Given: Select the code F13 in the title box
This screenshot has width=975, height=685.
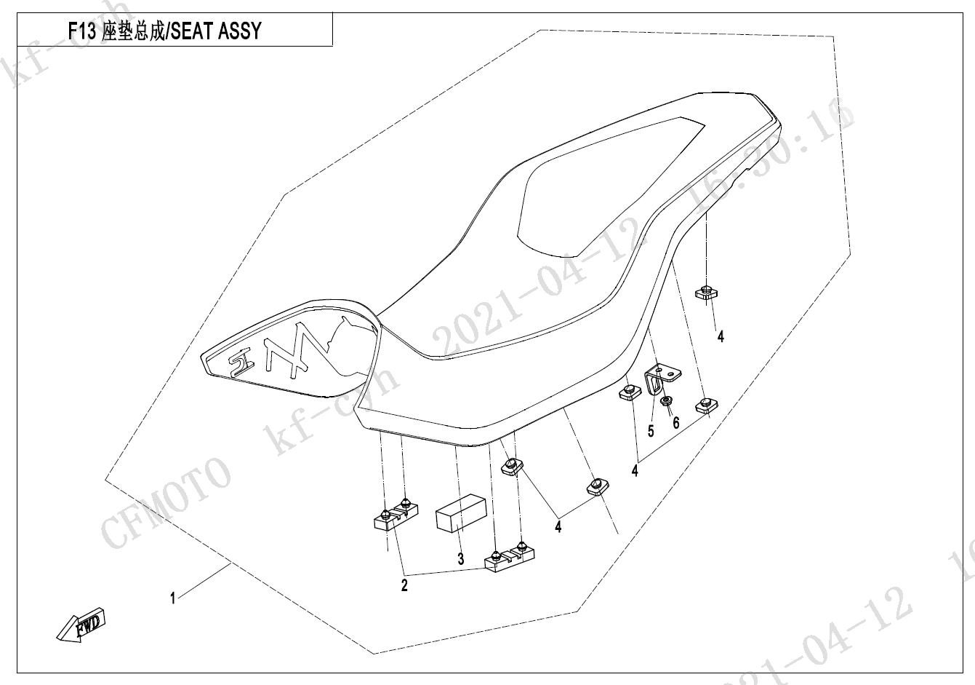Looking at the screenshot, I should (81, 31).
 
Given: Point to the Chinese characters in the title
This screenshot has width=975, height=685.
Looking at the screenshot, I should (134, 31).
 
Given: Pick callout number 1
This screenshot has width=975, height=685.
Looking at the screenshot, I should (172, 598).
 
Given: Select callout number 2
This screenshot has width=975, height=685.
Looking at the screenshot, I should (404, 585).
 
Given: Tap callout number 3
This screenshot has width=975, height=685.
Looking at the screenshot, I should (460, 559).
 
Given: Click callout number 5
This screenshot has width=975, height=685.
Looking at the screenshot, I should (651, 431).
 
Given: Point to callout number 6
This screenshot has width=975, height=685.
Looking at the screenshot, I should (675, 422).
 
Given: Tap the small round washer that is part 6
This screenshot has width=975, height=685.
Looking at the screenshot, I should (665, 402).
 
